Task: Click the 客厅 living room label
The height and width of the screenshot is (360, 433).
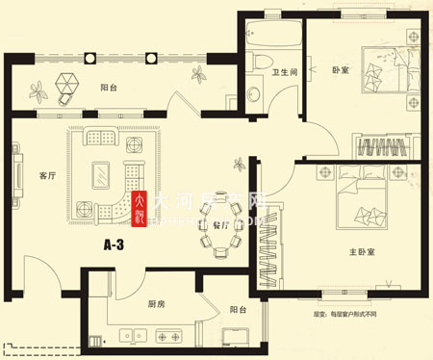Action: click(44, 175)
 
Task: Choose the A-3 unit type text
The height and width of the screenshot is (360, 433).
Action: click(115, 245)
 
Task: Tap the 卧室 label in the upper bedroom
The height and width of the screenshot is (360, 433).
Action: click(341, 70)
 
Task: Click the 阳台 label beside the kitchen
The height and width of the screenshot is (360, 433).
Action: click(239, 309)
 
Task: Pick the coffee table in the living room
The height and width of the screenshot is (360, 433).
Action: click(100, 174)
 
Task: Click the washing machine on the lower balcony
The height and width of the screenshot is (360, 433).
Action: click(233, 337)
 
